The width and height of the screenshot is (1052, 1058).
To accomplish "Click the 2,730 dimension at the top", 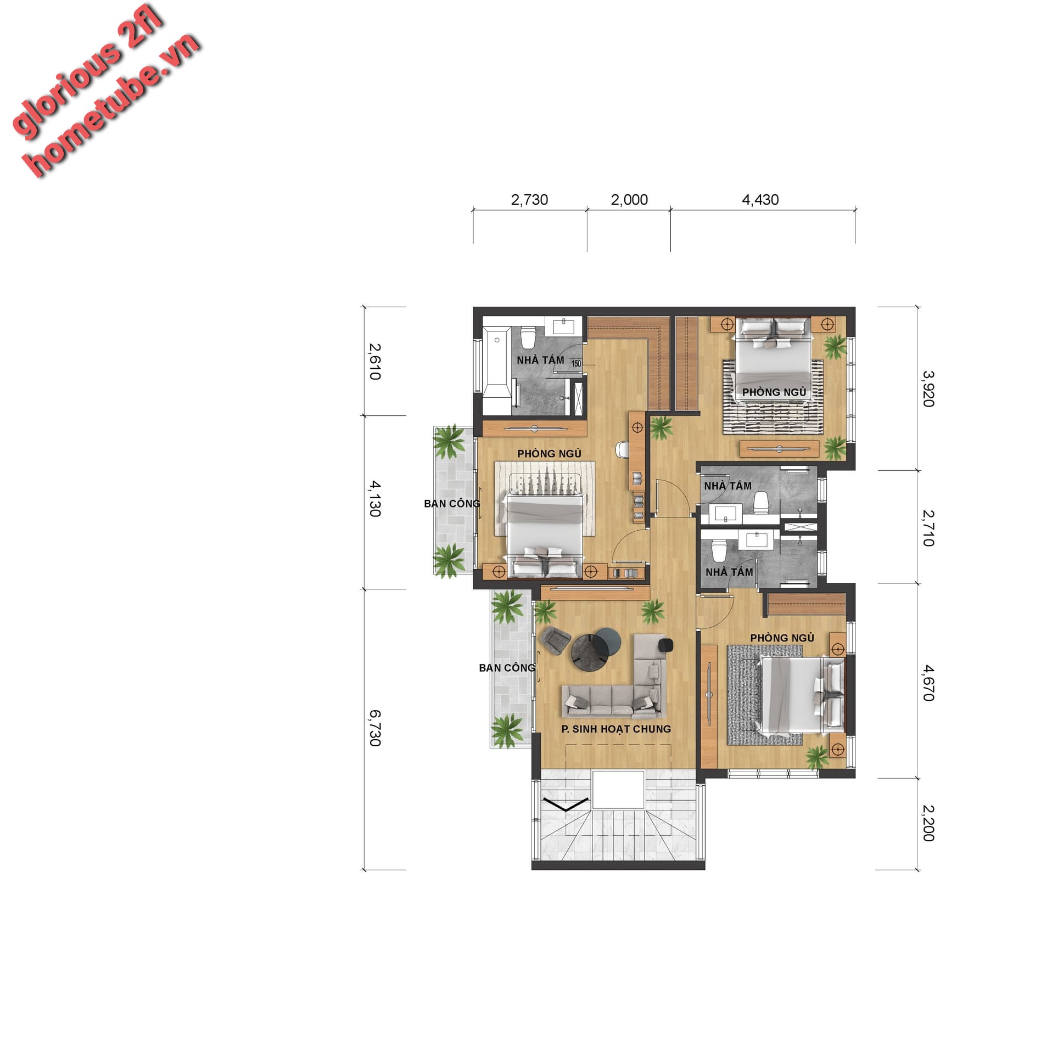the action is [529, 200].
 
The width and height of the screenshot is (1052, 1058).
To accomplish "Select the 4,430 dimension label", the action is [760, 200].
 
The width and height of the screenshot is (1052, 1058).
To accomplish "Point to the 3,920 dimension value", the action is [927, 389].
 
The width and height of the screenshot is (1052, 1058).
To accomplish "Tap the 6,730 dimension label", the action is [374, 728].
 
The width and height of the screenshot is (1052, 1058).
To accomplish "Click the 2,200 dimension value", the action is [927, 823].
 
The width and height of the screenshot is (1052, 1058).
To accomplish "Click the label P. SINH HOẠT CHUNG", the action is [616, 729].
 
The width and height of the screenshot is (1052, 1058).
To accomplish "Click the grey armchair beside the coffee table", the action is [555, 640].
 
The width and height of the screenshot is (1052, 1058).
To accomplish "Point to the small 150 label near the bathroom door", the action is [576, 363].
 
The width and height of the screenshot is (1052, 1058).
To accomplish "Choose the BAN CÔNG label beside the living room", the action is [507, 668].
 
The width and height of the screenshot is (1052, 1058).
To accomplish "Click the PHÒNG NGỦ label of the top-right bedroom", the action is [774, 392].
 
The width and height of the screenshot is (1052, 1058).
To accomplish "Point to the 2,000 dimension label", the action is [629, 200].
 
